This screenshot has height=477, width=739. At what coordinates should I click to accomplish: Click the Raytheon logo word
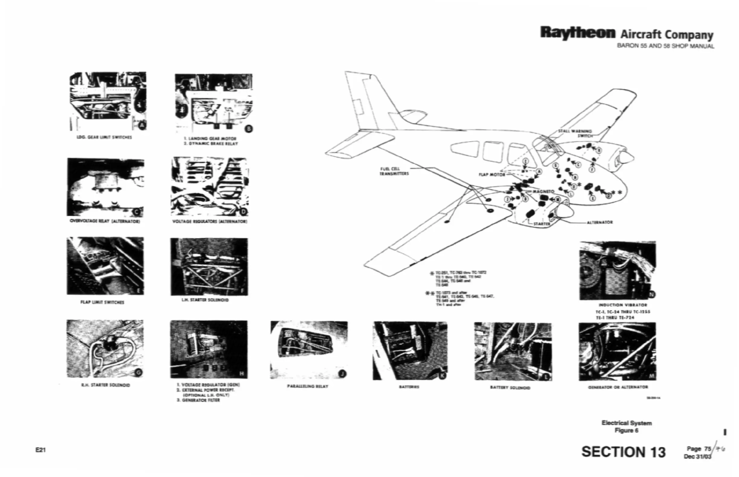click(577, 33)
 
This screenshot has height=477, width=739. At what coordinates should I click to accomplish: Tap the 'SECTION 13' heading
click(623, 452)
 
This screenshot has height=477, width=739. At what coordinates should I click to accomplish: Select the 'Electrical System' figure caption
click(626, 423)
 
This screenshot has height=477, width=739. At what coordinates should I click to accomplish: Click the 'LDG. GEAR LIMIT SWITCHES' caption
click(104, 137)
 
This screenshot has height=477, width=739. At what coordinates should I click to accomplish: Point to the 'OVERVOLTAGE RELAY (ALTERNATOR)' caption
click(105, 221)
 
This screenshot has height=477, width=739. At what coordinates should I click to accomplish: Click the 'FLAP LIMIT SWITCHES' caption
click(102, 302)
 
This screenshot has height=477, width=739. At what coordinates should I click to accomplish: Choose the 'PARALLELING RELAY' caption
click(308, 386)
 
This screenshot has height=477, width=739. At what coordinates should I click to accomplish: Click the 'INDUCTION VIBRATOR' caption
click(623, 305)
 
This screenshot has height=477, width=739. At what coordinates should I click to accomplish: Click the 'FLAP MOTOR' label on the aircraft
click(492, 175)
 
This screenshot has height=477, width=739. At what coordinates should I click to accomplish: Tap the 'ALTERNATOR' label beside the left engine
click(600, 222)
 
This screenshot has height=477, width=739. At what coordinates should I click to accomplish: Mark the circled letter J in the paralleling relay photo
click(342, 374)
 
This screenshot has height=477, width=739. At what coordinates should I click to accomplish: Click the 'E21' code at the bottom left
click(41, 450)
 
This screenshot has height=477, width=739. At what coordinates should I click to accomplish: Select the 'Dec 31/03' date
click(697, 456)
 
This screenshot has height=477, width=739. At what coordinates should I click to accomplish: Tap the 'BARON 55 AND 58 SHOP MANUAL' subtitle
click(666, 46)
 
